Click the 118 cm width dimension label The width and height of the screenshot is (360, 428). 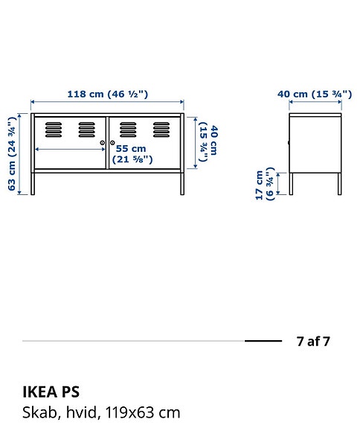108,94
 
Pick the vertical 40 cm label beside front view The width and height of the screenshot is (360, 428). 208,143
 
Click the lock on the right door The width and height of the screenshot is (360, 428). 112,142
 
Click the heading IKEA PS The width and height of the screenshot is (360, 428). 51,392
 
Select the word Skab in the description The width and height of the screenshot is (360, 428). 36,412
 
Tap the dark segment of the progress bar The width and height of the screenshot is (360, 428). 263,341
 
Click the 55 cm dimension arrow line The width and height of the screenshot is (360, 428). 71,149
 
